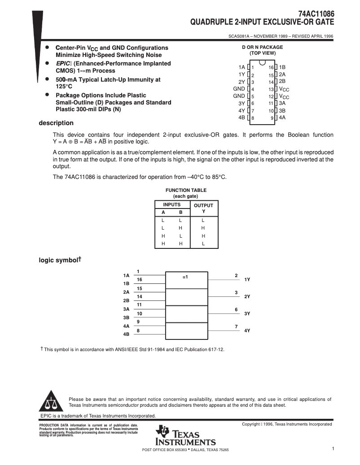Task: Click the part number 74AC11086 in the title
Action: pyautogui.click(x=316, y=14)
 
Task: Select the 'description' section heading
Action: pyautogui.click(x=56, y=123)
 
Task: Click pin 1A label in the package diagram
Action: pyautogui.click(x=242, y=67)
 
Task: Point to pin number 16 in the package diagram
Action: pyautogui.click(x=271, y=67)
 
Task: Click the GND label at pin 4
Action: pyautogui.click(x=239, y=89)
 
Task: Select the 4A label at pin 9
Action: pyautogui.click(x=282, y=117)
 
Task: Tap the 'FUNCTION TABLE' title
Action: pyautogui.click(x=186, y=190)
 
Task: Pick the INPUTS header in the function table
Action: pyautogui.click(x=171, y=204)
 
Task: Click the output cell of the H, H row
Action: pyautogui.click(x=203, y=243)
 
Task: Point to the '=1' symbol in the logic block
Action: pyautogui.click(x=185, y=277)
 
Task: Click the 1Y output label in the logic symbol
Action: pyautogui.click(x=247, y=279)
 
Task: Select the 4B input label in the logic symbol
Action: pyautogui.click(x=126, y=334)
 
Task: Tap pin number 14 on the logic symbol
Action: pyautogui.click(x=140, y=297)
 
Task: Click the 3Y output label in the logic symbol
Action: pyautogui.click(x=247, y=314)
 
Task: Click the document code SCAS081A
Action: pyautogui.click(x=239, y=37)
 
